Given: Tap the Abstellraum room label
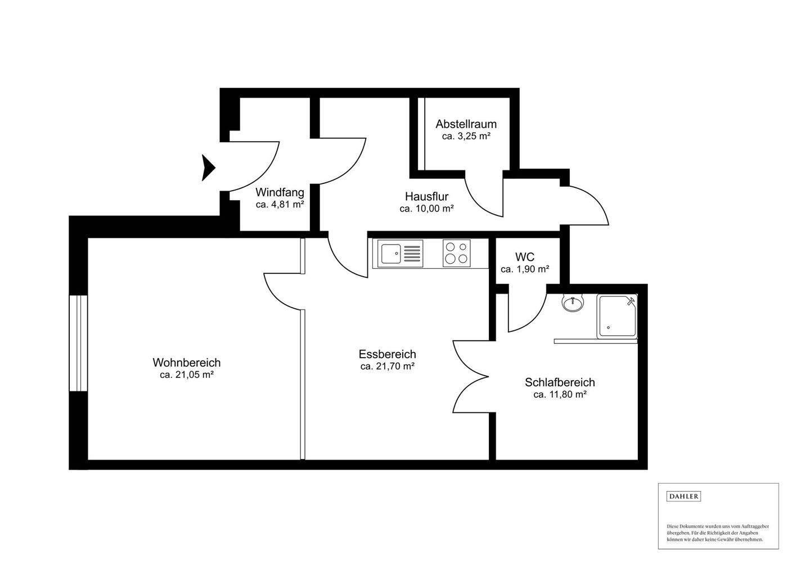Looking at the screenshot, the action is tap(466, 124).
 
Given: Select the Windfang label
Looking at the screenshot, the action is tap(280, 192).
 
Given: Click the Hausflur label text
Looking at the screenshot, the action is tap(427, 196).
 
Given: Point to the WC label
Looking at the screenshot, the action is tap(525, 257).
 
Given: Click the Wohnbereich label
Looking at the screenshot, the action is tap(187, 362).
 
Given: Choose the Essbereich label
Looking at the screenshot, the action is tap(387, 354).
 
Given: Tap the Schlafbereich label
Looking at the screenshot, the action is tap(560, 382).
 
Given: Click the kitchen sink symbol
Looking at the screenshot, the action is tap(400, 254).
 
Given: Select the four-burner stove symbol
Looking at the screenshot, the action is tap(456, 253).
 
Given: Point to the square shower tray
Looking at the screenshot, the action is tap(617, 317).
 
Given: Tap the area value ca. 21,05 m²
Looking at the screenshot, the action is tap(187, 375).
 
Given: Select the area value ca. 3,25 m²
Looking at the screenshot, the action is tap(466, 136).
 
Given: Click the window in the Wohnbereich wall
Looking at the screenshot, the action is tap(79, 343).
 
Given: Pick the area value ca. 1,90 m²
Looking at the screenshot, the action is tap(525, 269).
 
